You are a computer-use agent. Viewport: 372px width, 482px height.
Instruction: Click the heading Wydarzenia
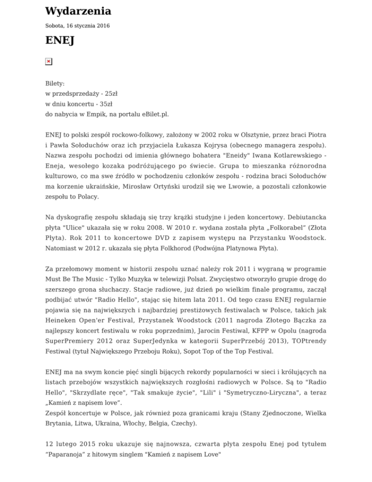[78, 11]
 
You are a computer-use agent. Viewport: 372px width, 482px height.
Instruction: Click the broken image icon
[48, 61]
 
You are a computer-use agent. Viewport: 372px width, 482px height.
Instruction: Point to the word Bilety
[55, 84]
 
